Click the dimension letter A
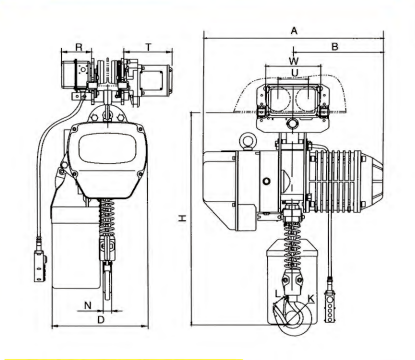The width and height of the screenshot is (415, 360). pos(294,31)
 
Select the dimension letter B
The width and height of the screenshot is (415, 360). pos(335,47)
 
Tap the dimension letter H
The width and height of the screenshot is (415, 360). pos(182,218)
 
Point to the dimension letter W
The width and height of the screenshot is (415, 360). pos(294,61)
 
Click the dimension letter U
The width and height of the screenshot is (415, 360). pos(295,72)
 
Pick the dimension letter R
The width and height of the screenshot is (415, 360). pos(79,47)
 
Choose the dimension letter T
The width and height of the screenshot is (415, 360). pos(149,47)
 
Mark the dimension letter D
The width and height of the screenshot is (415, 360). pos(101,320)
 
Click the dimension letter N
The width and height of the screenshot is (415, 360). pos(87,305)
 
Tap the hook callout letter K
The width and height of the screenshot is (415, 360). pos(311,299)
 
